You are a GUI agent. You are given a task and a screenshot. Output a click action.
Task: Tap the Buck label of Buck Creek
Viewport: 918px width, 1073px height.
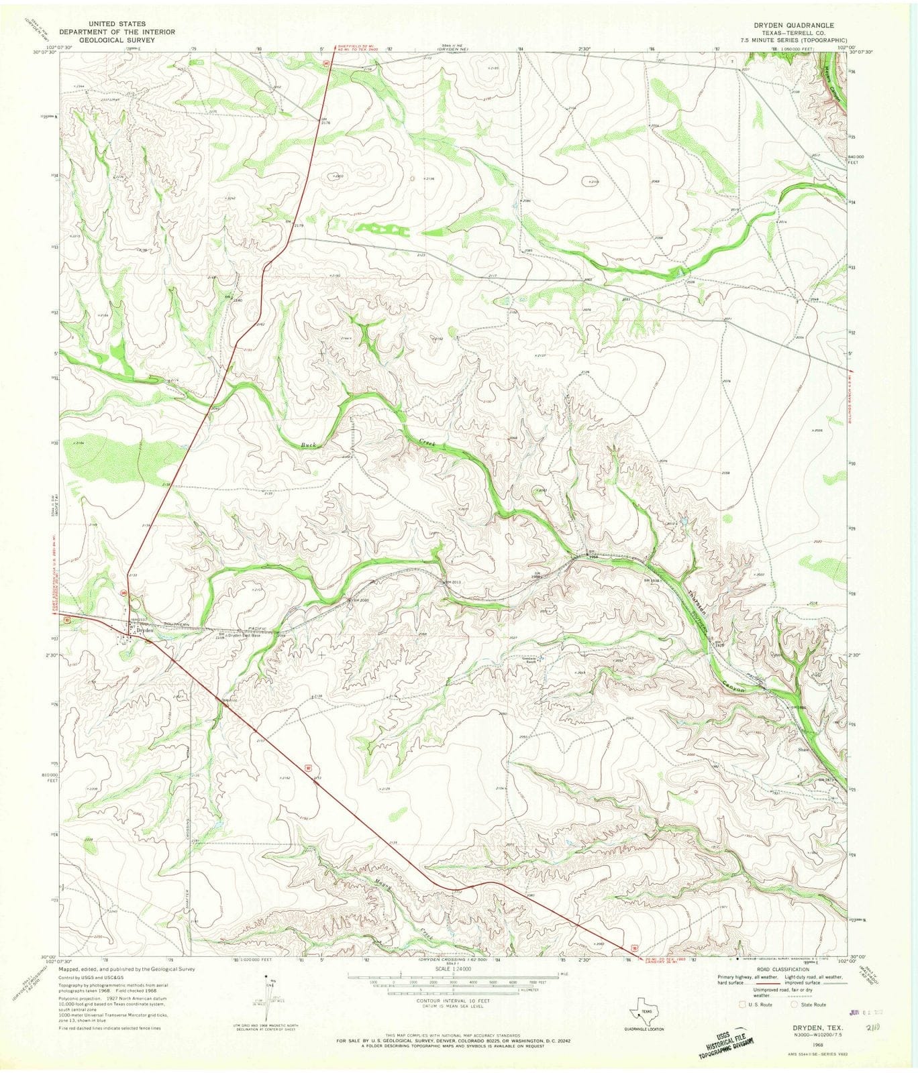point(308,445)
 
